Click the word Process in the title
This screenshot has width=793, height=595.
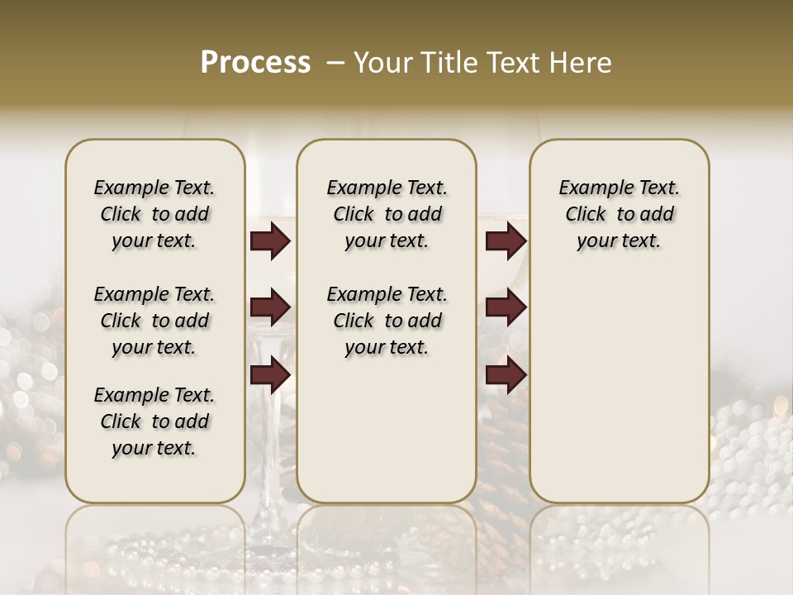coord(255,62)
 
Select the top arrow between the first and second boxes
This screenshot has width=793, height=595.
coord(269,241)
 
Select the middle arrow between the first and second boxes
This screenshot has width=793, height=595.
coord(269,308)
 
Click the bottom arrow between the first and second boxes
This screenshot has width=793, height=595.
coord(269,375)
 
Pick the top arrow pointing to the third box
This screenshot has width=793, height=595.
coord(506,241)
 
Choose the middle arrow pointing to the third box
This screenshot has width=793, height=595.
coord(506,308)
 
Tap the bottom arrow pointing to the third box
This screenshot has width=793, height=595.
coord(506,375)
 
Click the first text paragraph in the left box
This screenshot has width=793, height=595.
coord(154,214)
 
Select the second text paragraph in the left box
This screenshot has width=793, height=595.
coord(154,321)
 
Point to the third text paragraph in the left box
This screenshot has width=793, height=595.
coord(154,421)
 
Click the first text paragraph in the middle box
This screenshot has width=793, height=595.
coord(387,214)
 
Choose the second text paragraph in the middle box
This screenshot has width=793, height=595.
coord(387,321)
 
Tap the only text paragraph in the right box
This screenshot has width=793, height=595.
coord(619,214)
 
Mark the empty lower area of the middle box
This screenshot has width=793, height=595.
coord(387,430)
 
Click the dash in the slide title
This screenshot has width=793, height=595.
coord(335,62)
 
